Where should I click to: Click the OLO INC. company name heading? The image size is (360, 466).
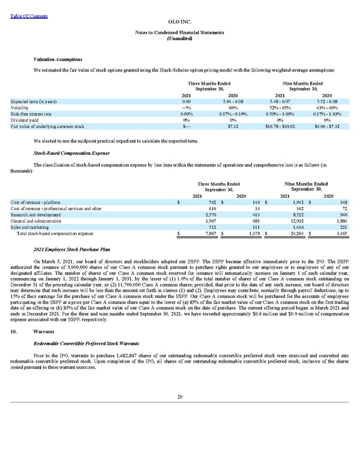point(180,20)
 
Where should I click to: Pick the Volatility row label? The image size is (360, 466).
point(20,108)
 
